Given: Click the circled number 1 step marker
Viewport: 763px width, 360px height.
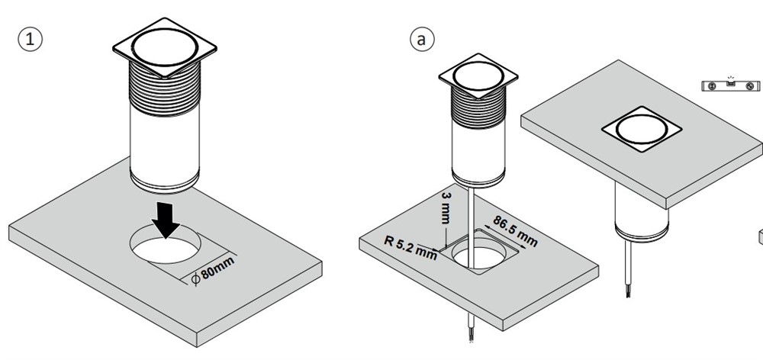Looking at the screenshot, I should pyautogui.click(x=30, y=40).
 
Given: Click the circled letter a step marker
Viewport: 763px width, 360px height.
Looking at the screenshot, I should pyautogui.click(x=419, y=39).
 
